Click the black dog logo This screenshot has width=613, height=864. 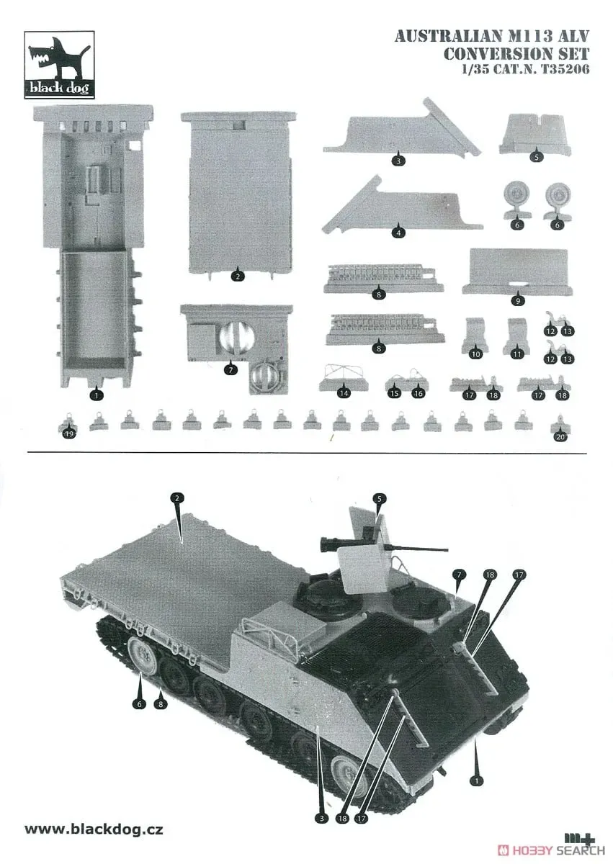point(59,64)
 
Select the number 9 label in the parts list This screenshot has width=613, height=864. point(518,300)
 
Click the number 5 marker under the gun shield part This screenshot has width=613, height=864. point(536,157)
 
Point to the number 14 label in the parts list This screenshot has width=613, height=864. point(344,393)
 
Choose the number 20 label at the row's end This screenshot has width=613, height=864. point(560,436)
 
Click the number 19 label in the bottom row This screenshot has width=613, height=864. point(69,434)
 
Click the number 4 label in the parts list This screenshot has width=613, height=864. point(398,233)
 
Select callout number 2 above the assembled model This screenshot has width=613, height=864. point(177,498)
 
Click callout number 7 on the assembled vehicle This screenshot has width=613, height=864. point(459,575)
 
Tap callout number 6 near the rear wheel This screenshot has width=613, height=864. point(139,703)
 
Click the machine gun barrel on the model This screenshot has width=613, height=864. point(421,548)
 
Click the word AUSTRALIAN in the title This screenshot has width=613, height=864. point(448,37)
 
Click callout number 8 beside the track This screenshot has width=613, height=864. point(161,703)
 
